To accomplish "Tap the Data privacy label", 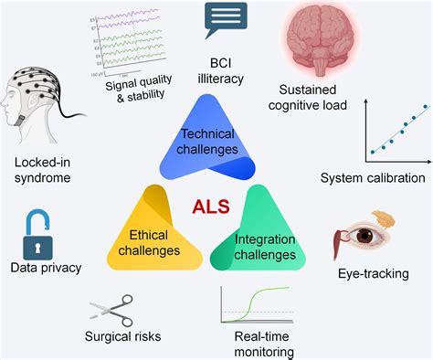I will coord(46,268).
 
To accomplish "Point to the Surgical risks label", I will coord(121,336).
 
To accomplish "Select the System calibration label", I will coord(374,176).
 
